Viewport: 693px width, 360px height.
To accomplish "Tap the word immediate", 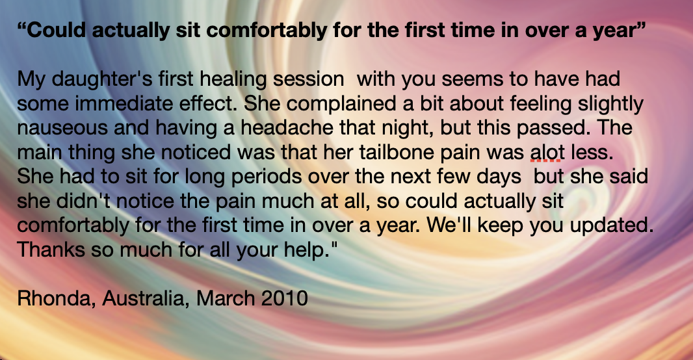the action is click(124, 104).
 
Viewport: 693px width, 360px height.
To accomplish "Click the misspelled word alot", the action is click(546, 153).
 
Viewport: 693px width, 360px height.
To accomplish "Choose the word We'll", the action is click(449, 225).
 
